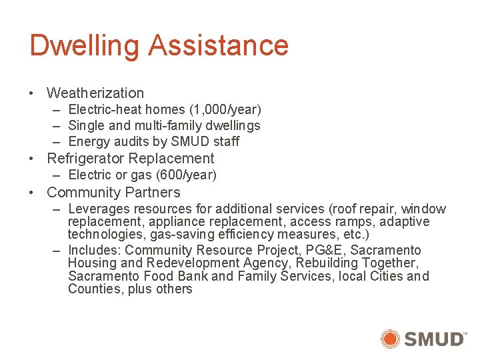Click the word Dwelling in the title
[x=84, y=46]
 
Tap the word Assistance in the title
[x=218, y=45]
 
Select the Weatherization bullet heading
[x=95, y=93]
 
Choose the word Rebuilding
[x=327, y=263]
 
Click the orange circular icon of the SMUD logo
[x=390, y=339]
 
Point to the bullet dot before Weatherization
[x=33, y=93]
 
